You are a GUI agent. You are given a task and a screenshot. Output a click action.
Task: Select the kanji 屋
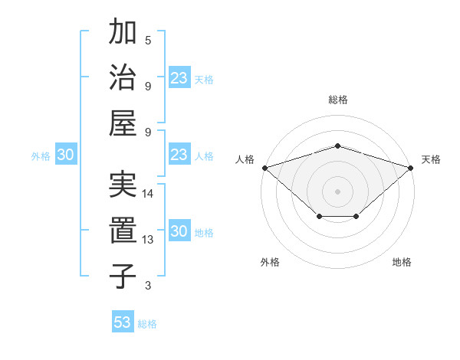[123, 123]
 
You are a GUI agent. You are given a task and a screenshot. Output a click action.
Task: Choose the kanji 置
[123, 231]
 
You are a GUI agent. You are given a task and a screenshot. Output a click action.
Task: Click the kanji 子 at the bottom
[123, 276]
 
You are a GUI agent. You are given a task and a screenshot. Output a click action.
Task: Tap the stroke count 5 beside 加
[148, 40]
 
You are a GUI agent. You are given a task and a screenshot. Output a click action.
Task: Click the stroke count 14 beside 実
[148, 194]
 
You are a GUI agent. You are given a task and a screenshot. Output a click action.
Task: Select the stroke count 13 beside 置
[148, 240]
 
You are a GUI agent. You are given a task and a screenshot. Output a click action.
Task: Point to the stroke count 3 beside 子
[148, 286]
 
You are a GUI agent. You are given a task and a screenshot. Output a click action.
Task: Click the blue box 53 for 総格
[123, 322]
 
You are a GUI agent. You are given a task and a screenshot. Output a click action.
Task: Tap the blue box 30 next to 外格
[65, 155]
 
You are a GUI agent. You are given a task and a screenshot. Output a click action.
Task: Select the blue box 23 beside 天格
[179, 78]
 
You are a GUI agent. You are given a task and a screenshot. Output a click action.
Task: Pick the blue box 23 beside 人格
[179, 155]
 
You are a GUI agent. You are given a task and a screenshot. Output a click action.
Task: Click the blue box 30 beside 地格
[179, 231]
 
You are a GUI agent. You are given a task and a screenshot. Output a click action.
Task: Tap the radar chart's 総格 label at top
[338, 100]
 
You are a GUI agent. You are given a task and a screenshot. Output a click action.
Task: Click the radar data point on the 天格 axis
[412, 167]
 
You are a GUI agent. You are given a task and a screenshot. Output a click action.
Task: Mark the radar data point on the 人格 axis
[264, 167]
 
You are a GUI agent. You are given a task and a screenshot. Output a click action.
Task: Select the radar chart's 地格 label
[402, 262]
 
